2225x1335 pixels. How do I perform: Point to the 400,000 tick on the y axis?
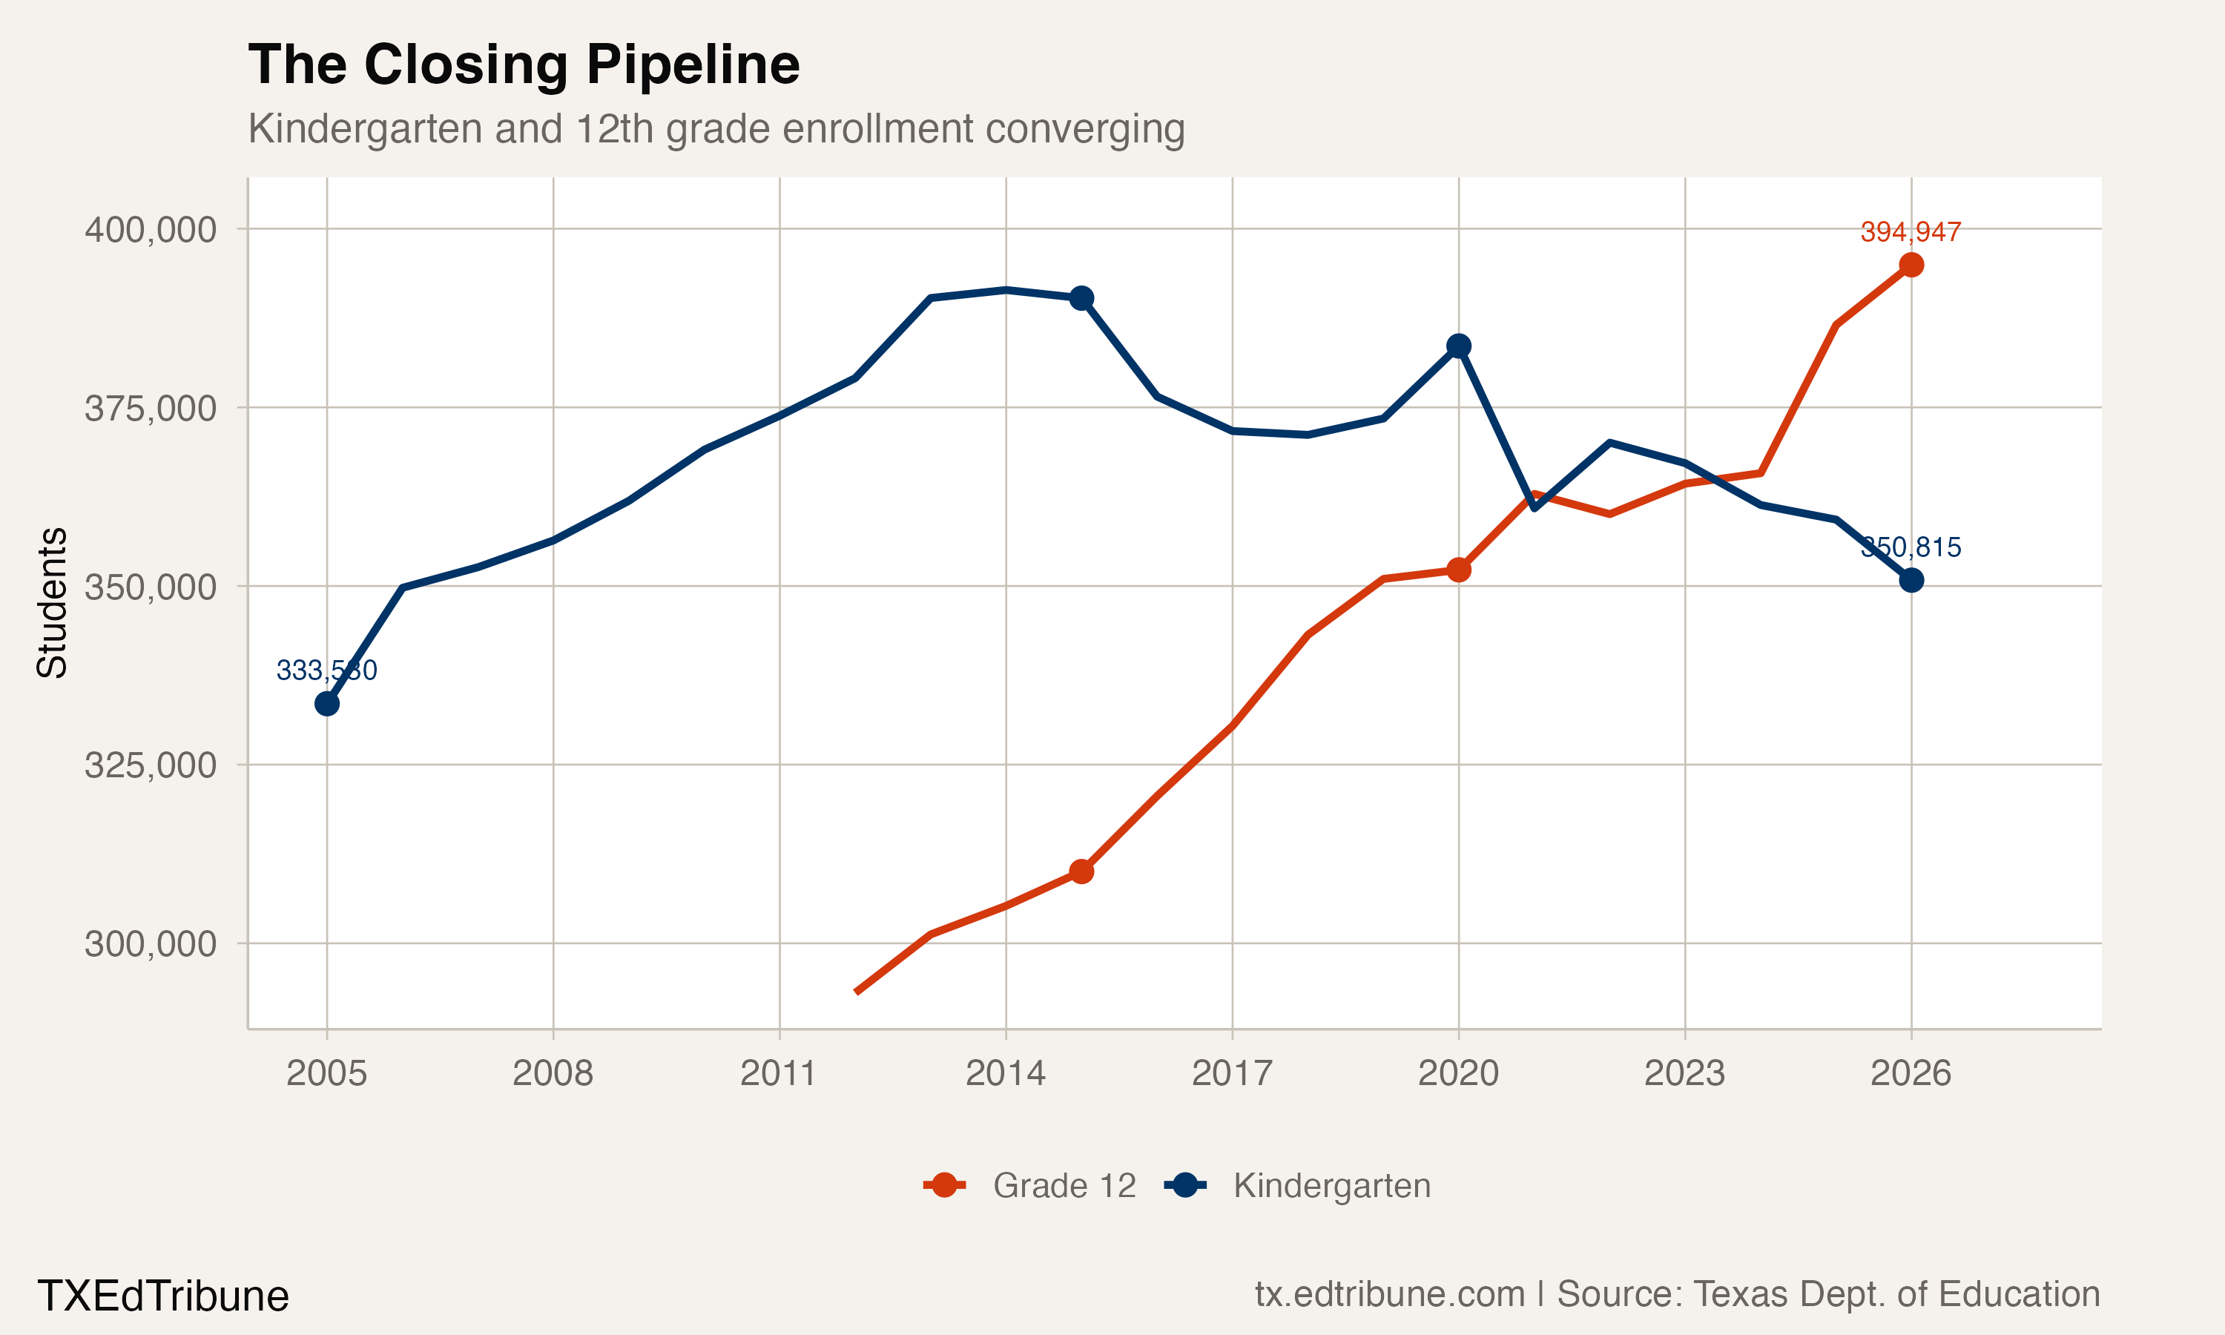[x=151, y=229]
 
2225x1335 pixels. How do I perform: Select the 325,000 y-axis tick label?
[x=151, y=765]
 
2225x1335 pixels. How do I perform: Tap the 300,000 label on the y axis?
[x=151, y=943]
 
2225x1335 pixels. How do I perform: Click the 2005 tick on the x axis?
[x=326, y=1073]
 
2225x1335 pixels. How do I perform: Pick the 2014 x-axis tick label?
[x=1006, y=1073]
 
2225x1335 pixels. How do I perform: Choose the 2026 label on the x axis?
[x=1911, y=1073]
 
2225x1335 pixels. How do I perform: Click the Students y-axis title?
[x=52, y=603]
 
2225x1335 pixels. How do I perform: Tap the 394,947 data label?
[x=1911, y=232]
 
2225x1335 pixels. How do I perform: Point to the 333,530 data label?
[x=326, y=670]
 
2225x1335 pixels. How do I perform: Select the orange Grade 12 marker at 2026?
[x=1911, y=265]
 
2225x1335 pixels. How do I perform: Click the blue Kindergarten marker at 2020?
[x=1459, y=346]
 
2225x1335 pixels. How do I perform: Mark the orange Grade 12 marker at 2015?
[x=1082, y=871]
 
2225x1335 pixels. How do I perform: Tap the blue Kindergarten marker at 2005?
[x=327, y=704]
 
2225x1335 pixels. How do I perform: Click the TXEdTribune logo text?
[x=162, y=1296]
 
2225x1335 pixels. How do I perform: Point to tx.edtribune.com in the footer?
[x=1389, y=1294]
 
